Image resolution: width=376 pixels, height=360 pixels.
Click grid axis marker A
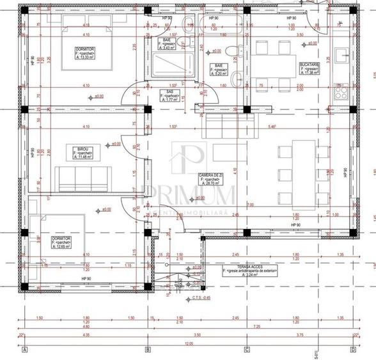click(24, 350)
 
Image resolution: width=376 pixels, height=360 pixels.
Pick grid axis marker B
click(147, 350)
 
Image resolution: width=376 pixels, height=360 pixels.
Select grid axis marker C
click(246, 350)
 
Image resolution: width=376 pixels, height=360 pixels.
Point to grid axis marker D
click(352, 350)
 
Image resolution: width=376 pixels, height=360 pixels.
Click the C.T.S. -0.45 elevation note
click(185, 297)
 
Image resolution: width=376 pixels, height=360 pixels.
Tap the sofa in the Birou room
click(81, 178)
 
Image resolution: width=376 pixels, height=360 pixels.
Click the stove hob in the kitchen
click(339, 94)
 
